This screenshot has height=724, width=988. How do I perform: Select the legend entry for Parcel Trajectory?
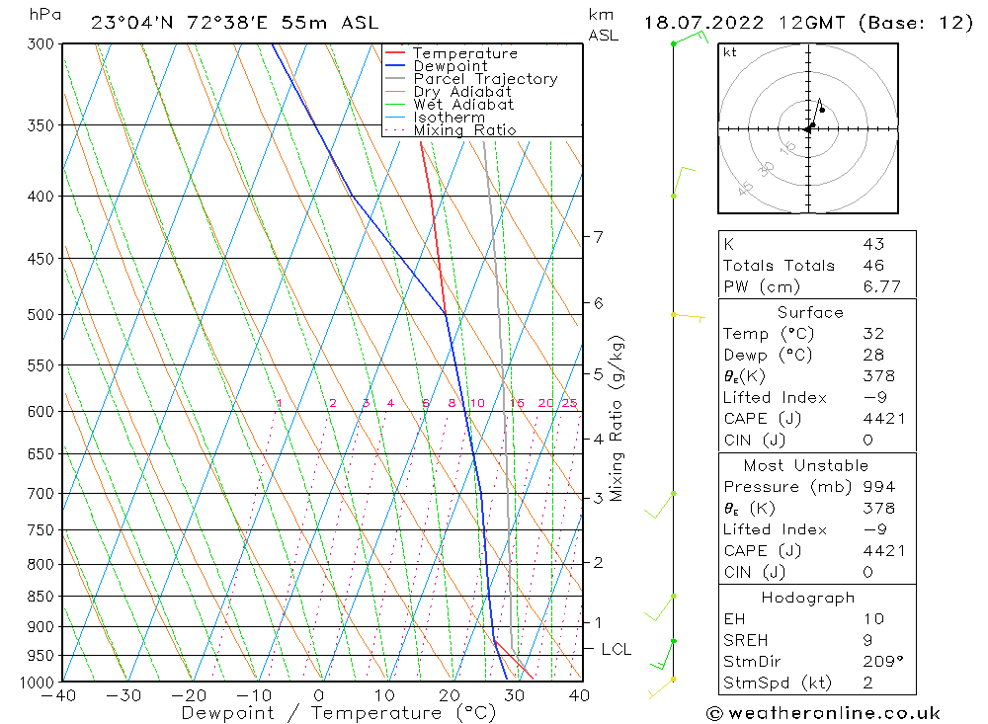pos(485,79)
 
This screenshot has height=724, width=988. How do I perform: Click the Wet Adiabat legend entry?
pos(463,105)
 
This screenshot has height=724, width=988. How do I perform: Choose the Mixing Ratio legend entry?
pos(464,130)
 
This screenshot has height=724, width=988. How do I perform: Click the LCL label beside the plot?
pos(616,649)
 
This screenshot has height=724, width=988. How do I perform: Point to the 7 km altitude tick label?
pos(598,237)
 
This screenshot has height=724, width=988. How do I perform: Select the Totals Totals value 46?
pos(872,266)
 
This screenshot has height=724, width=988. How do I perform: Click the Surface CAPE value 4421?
pos(883,419)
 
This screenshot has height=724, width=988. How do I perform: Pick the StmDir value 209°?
pos(879,662)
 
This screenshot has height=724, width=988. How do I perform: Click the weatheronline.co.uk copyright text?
pos(823,713)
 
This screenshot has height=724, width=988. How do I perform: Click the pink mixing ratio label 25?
pos(569,403)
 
